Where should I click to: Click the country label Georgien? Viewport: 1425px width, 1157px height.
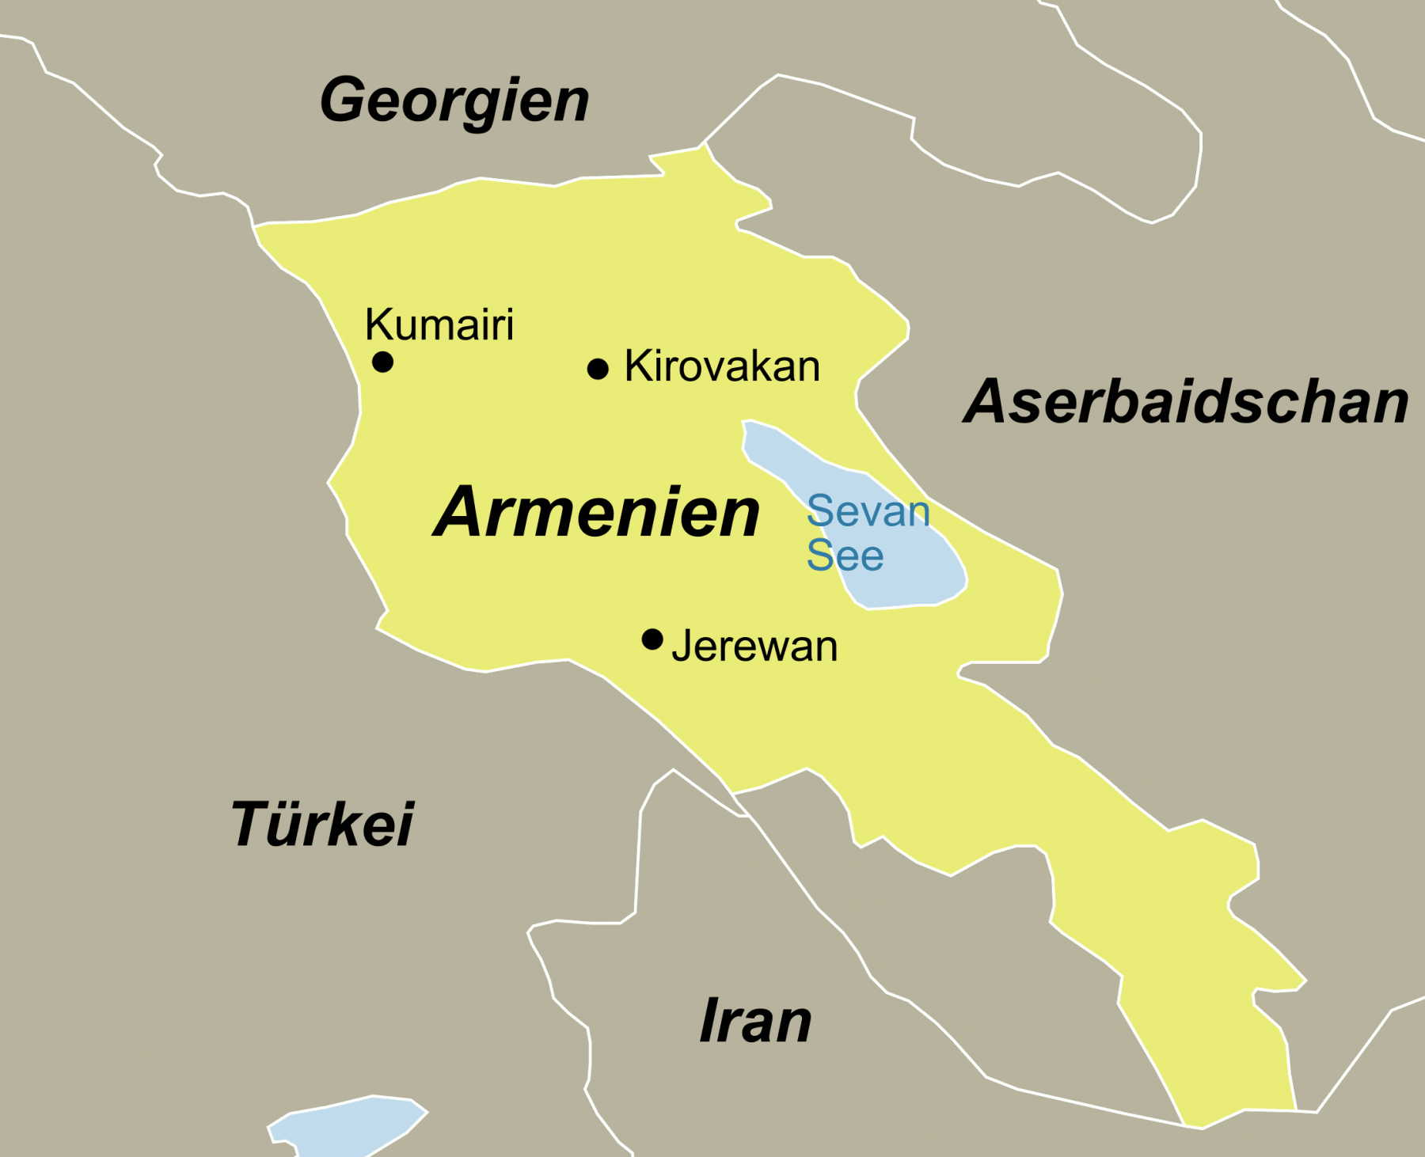pos(454,101)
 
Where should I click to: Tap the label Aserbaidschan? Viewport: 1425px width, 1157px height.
pos(1185,402)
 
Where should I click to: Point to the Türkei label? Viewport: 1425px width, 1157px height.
pos(322,825)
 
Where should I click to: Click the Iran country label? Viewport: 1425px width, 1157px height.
pos(756,1021)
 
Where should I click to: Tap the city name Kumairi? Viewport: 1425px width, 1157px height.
pos(439,324)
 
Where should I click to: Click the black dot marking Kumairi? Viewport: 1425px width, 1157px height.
pos(383,362)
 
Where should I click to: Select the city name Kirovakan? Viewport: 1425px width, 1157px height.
pos(722,366)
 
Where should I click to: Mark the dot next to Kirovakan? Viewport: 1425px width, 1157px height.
pos(598,369)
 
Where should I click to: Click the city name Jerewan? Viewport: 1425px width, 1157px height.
pos(754,646)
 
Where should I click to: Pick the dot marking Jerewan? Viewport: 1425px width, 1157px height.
pos(652,639)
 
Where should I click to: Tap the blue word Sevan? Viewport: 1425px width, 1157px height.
pos(868,511)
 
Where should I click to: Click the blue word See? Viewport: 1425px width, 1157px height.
pos(845,556)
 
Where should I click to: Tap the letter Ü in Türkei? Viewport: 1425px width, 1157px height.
pos(289,823)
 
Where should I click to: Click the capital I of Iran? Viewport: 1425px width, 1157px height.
pos(710,1021)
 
